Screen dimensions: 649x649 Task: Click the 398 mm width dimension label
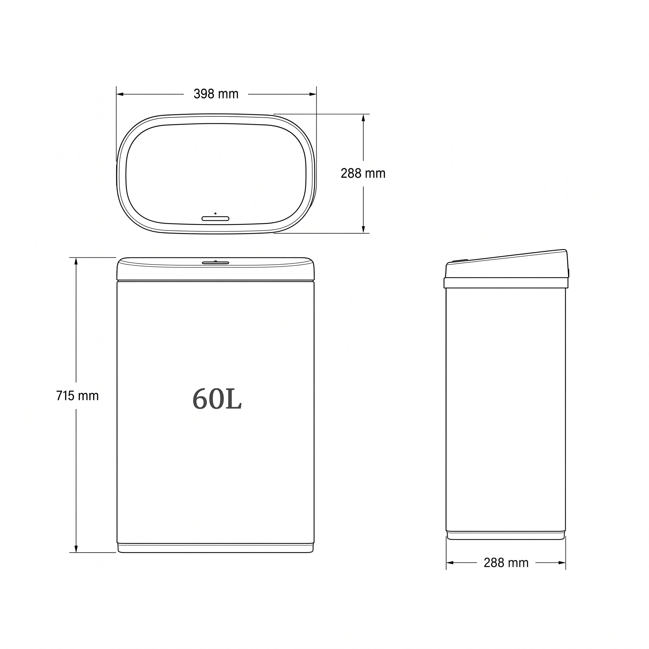tap(216, 94)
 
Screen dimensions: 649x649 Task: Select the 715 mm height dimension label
tap(77, 396)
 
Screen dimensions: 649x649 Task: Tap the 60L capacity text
tap(217, 399)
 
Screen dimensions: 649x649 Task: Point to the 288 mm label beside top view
tap(363, 173)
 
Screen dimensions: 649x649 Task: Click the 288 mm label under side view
tap(506, 563)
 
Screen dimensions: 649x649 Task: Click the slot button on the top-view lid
tap(215, 219)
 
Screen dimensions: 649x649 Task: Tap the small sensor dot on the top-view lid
tap(215, 213)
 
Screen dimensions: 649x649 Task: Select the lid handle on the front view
tap(215, 262)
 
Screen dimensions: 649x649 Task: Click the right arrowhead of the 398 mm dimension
tap(313, 94)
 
